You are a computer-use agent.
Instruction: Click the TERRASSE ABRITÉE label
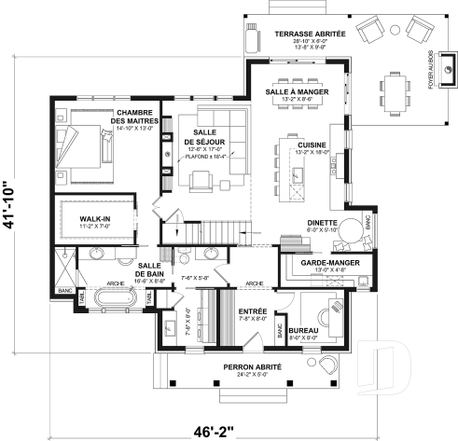[310, 34]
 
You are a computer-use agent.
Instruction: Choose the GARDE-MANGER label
[326, 265]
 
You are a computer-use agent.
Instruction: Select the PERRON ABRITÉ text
[253, 367]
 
